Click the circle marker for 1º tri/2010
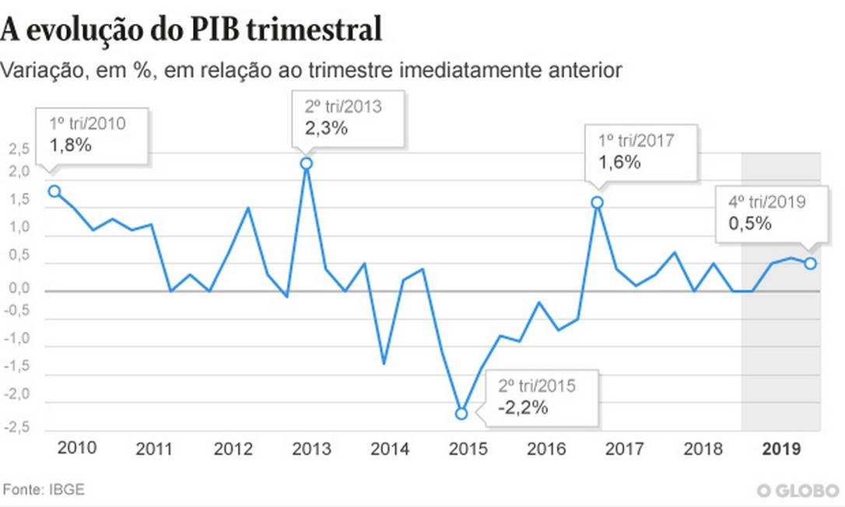[x=54, y=191]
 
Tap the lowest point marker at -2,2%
[x=461, y=414]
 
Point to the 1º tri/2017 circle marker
[x=598, y=202]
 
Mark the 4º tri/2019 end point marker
[x=810, y=264]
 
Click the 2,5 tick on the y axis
[x=19, y=149]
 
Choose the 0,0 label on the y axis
[x=19, y=288]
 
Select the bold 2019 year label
[x=782, y=449]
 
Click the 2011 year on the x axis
[x=155, y=449]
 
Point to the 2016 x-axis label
[x=546, y=449]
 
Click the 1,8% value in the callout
[x=72, y=145]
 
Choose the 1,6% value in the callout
[x=619, y=162]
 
